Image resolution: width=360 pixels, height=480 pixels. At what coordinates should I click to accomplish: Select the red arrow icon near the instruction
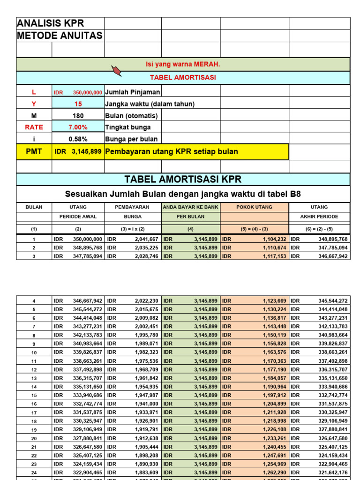coord(116,71)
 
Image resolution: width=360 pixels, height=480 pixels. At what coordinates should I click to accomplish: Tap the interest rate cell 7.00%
coord(78,127)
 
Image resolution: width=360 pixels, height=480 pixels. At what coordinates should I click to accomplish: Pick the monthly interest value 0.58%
coord(78,139)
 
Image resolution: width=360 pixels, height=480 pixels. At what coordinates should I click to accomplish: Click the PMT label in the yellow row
coord(34,151)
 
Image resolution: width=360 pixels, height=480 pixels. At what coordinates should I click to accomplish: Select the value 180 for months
coord(78,116)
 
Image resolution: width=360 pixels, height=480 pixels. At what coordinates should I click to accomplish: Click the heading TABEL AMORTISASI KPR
coord(183,179)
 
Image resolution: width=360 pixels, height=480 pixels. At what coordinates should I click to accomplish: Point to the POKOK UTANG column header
coord(254,207)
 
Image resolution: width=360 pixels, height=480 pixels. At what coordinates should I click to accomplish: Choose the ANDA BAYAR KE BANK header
coord(191,207)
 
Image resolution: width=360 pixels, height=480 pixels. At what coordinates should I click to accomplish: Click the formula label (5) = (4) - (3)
coord(254,229)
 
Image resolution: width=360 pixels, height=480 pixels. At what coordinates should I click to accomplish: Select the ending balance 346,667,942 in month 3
coord(331,256)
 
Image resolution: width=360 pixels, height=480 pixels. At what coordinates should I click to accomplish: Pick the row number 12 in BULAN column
coord(34,369)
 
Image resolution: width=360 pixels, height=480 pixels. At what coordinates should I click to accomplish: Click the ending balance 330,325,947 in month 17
coord(331,412)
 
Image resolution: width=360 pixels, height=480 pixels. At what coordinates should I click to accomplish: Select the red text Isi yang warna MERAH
coord(183,64)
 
